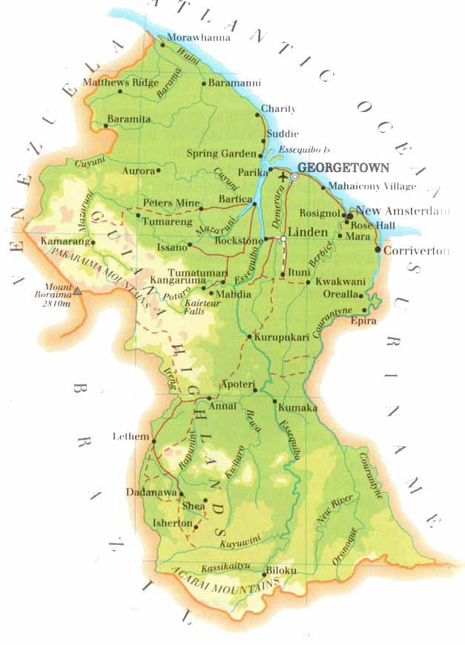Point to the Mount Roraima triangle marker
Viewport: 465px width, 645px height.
[x=77, y=292]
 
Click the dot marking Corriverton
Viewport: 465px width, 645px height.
[x=379, y=250]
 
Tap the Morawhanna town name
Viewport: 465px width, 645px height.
[x=199, y=37]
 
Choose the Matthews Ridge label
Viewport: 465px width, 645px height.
[x=120, y=82]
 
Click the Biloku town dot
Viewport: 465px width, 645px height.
[x=264, y=574]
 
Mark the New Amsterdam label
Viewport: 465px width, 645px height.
[x=403, y=212]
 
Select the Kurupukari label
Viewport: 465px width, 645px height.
[x=281, y=337]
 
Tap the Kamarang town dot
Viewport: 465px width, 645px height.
[x=93, y=242]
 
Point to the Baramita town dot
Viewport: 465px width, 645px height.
[x=106, y=125]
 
